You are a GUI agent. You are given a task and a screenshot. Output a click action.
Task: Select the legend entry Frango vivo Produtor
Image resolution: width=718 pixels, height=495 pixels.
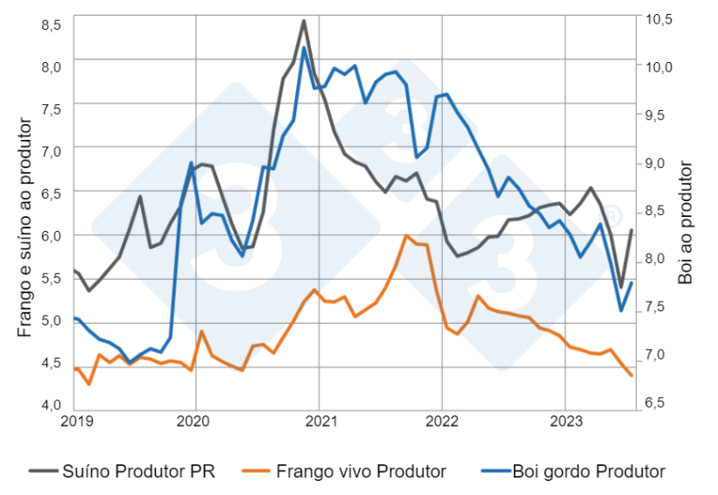360,471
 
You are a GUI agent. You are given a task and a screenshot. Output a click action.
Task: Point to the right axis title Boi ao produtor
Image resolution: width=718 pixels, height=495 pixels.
685,222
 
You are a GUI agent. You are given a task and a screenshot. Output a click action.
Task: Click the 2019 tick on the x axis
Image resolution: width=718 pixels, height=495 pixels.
74,419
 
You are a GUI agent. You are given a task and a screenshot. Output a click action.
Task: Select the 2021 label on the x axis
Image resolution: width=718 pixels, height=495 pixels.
321,419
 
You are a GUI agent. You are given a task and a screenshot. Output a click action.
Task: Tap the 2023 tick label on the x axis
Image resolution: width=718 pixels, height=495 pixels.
565,419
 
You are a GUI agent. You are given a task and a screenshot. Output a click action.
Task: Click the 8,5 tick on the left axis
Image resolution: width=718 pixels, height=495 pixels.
52,24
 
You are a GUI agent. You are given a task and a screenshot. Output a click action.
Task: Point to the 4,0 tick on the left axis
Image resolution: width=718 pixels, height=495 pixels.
52,404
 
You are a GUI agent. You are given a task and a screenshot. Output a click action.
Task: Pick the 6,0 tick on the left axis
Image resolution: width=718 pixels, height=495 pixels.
52,235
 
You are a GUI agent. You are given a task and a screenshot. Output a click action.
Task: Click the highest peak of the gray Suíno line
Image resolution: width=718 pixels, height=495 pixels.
304,20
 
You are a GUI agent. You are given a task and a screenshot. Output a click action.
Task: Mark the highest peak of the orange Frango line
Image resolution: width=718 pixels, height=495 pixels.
405,235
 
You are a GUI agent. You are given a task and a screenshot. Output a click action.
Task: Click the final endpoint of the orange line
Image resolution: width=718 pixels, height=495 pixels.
631,375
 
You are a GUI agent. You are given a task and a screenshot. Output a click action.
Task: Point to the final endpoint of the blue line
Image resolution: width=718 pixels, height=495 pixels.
631,282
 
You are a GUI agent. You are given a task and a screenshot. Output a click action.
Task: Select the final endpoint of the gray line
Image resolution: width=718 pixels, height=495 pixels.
631,230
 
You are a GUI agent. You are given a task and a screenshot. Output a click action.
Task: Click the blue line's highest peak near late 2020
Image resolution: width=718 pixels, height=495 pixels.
304,47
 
